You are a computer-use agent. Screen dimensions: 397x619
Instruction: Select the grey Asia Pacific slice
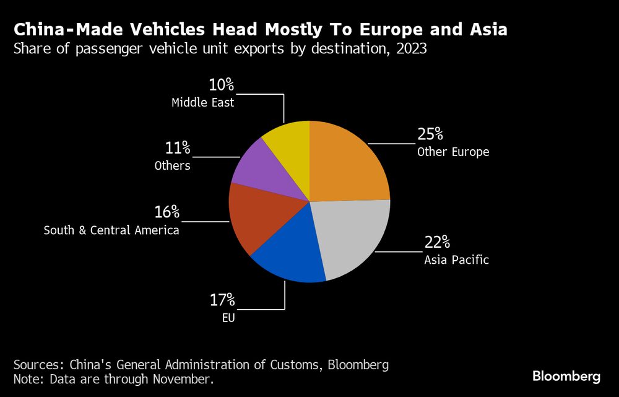pyautogui.click(x=353, y=238)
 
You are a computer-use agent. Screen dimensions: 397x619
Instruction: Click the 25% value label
pyautogui.click(x=430, y=134)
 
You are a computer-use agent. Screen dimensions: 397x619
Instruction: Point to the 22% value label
pyautogui.click(x=437, y=242)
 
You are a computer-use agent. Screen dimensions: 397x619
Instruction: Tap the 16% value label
pyautogui.click(x=167, y=212)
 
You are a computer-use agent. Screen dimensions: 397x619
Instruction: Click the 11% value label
pyautogui.click(x=177, y=149)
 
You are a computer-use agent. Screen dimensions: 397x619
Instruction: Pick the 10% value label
pyautogui.click(x=221, y=85)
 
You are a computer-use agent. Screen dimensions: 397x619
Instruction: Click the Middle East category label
pyautogui.click(x=203, y=103)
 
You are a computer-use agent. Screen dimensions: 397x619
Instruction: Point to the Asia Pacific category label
pyautogui.click(x=456, y=260)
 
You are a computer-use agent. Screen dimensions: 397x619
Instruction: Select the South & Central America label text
pyautogui.click(x=111, y=230)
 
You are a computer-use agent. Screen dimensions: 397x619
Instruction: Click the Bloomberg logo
pyautogui.click(x=566, y=376)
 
